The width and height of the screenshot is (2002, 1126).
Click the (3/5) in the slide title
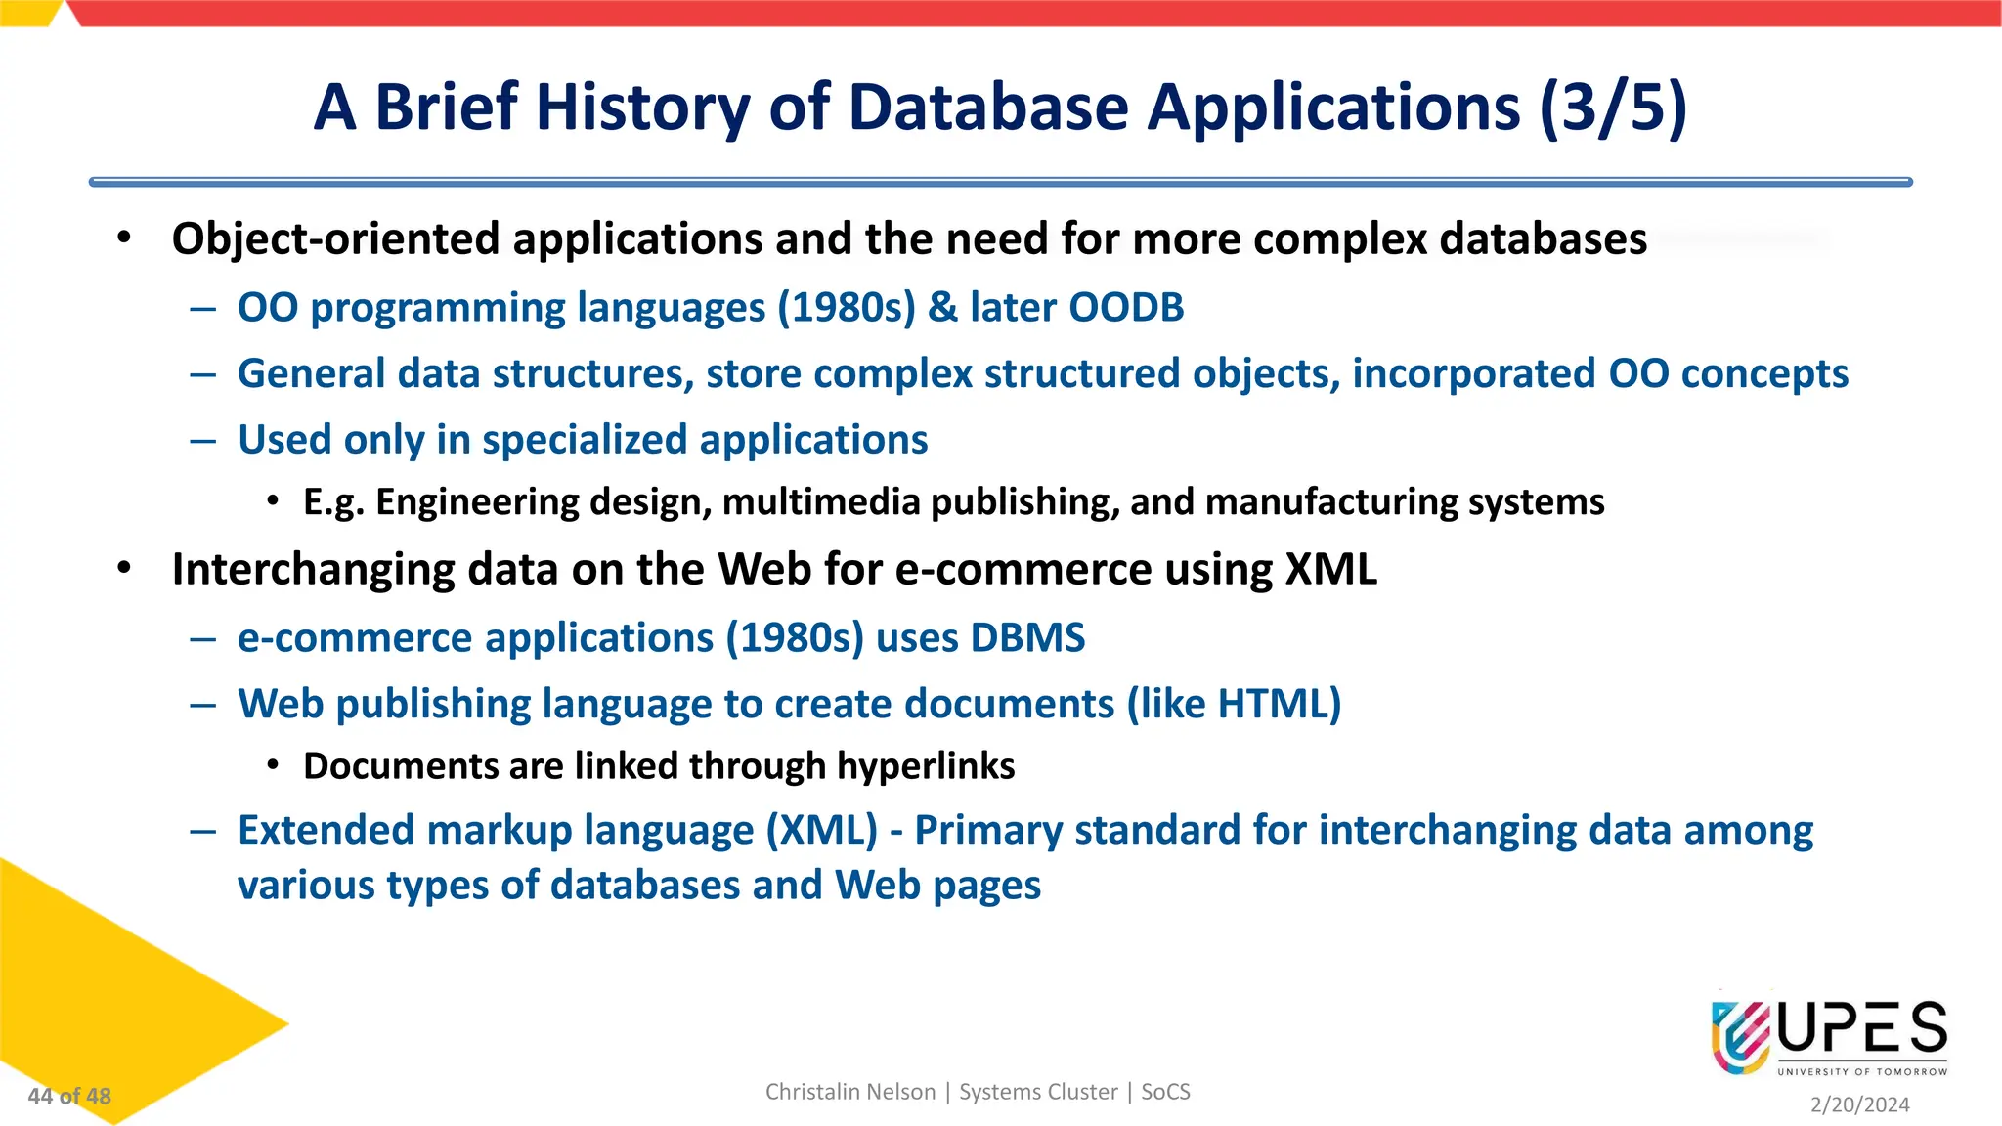pos(1613,108)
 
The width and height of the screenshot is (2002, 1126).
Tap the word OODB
pos(1126,308)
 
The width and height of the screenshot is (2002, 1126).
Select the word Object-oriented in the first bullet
pos(335,239)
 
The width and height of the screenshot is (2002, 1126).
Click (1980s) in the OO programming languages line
pos(847,308)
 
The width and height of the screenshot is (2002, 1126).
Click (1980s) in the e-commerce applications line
pos(795,638)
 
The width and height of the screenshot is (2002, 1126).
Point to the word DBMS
pos(1027,638)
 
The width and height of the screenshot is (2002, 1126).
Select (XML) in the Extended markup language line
pos(822,831)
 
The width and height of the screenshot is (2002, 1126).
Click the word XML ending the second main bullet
pos(1330,570)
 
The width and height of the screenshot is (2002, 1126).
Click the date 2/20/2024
pos(1859,1104)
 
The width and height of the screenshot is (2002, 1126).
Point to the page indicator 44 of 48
pos(69,1097)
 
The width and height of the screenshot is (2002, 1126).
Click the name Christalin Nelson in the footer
pos(850,1092)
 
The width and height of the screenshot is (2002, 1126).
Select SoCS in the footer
pos(1165,1092)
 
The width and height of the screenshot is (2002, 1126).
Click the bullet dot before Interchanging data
pos(124,569)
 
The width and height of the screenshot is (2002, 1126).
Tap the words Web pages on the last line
pos(937,886)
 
